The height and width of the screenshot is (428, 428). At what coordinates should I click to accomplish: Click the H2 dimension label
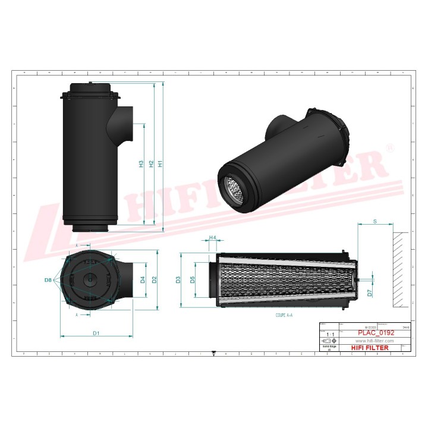click(x=151, y=163)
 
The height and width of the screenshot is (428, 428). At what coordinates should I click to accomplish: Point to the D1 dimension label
click(x=96, y=332)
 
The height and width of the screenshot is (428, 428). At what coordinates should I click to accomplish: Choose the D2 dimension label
click(x=154, y=279)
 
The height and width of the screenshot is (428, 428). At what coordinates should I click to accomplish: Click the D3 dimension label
click(x=178, y=279)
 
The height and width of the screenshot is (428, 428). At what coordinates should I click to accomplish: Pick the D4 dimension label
click(x=143, y=279)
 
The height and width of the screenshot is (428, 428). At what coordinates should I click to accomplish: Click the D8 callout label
click(x=48, y=279)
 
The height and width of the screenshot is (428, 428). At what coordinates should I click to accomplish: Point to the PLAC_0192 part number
click(x=376, y=333)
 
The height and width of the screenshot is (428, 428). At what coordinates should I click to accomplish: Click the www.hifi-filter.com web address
click(x=374, y=341)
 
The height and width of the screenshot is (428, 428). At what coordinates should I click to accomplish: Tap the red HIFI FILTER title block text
click(x=370, y=348)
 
